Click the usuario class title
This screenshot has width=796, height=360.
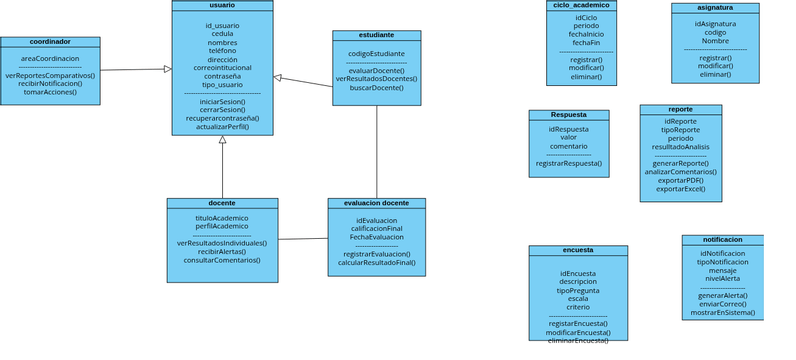(x=222, y=6)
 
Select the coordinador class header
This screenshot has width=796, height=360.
(x=50, y=42)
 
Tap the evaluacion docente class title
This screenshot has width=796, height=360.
(x=376, y=203)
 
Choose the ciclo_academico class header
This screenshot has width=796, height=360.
(x=581, y=5)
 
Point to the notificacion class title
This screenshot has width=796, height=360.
(x=722, y=240)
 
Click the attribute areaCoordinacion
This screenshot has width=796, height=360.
(x=50, y=59)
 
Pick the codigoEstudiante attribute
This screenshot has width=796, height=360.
(x=376, y=54)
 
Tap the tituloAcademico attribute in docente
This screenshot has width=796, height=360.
(x=222, y=217)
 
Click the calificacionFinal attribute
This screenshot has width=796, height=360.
(x=376, y=228)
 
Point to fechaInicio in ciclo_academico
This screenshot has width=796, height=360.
(x=586, y=33)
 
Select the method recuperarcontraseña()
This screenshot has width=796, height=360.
(x=222, y=118)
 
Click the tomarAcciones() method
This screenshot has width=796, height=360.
(x=50, y=91)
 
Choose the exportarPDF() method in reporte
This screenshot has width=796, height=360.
(x=680, y=180)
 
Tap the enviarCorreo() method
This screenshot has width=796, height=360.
(x=722, y=303)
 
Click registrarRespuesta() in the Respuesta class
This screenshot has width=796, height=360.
(x=568, y=162)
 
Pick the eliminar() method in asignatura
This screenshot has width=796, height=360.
(x=715, y=74)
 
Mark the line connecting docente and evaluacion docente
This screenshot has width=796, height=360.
(x=303, y=239)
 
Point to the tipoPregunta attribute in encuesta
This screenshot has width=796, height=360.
(x=578, y=290)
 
